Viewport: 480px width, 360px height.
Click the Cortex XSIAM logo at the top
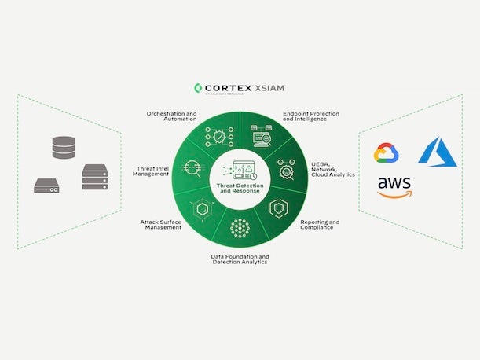coord(239,89)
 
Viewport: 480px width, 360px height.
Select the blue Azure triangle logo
coord(437,151)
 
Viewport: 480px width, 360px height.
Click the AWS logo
coord(394,188)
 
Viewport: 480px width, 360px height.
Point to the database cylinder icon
coord(63,147)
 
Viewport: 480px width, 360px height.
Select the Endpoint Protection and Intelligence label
coord(311,116)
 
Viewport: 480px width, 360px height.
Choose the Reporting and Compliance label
coord(320,225)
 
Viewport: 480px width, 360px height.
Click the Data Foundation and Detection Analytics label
coord(240,259)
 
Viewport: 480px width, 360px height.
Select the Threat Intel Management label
coord(152,171)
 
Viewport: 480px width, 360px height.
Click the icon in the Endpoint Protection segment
coord(263,137)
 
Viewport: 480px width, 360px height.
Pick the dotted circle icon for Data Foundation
coord(240,228)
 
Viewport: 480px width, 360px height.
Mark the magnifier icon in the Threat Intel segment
coord(192,168)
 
